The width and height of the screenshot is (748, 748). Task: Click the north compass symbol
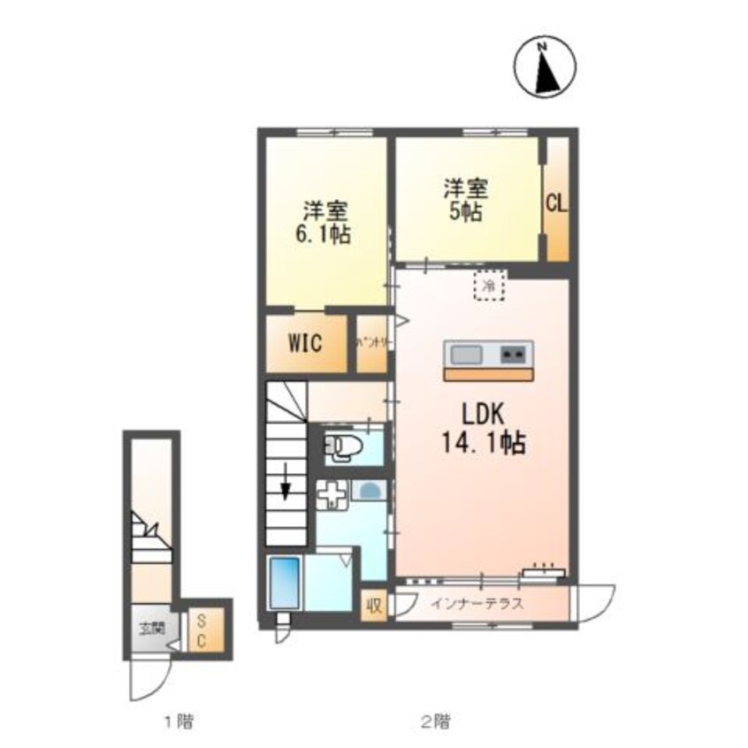click(546, 68)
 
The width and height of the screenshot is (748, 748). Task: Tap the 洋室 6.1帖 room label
click(325, 223)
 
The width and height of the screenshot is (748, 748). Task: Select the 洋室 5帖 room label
click(465, 201)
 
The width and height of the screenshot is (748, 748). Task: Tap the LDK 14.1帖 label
click(483, 428)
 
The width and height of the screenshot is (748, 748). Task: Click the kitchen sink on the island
click(468, 355)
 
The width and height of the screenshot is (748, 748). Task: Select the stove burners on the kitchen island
click(513, 355)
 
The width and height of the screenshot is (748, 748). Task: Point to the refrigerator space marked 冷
click(487, 285)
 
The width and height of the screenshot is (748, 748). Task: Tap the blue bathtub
click(284, 581)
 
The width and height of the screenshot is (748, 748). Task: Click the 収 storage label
click(374, 607)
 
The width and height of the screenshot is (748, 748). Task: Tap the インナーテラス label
click(477, 606)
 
